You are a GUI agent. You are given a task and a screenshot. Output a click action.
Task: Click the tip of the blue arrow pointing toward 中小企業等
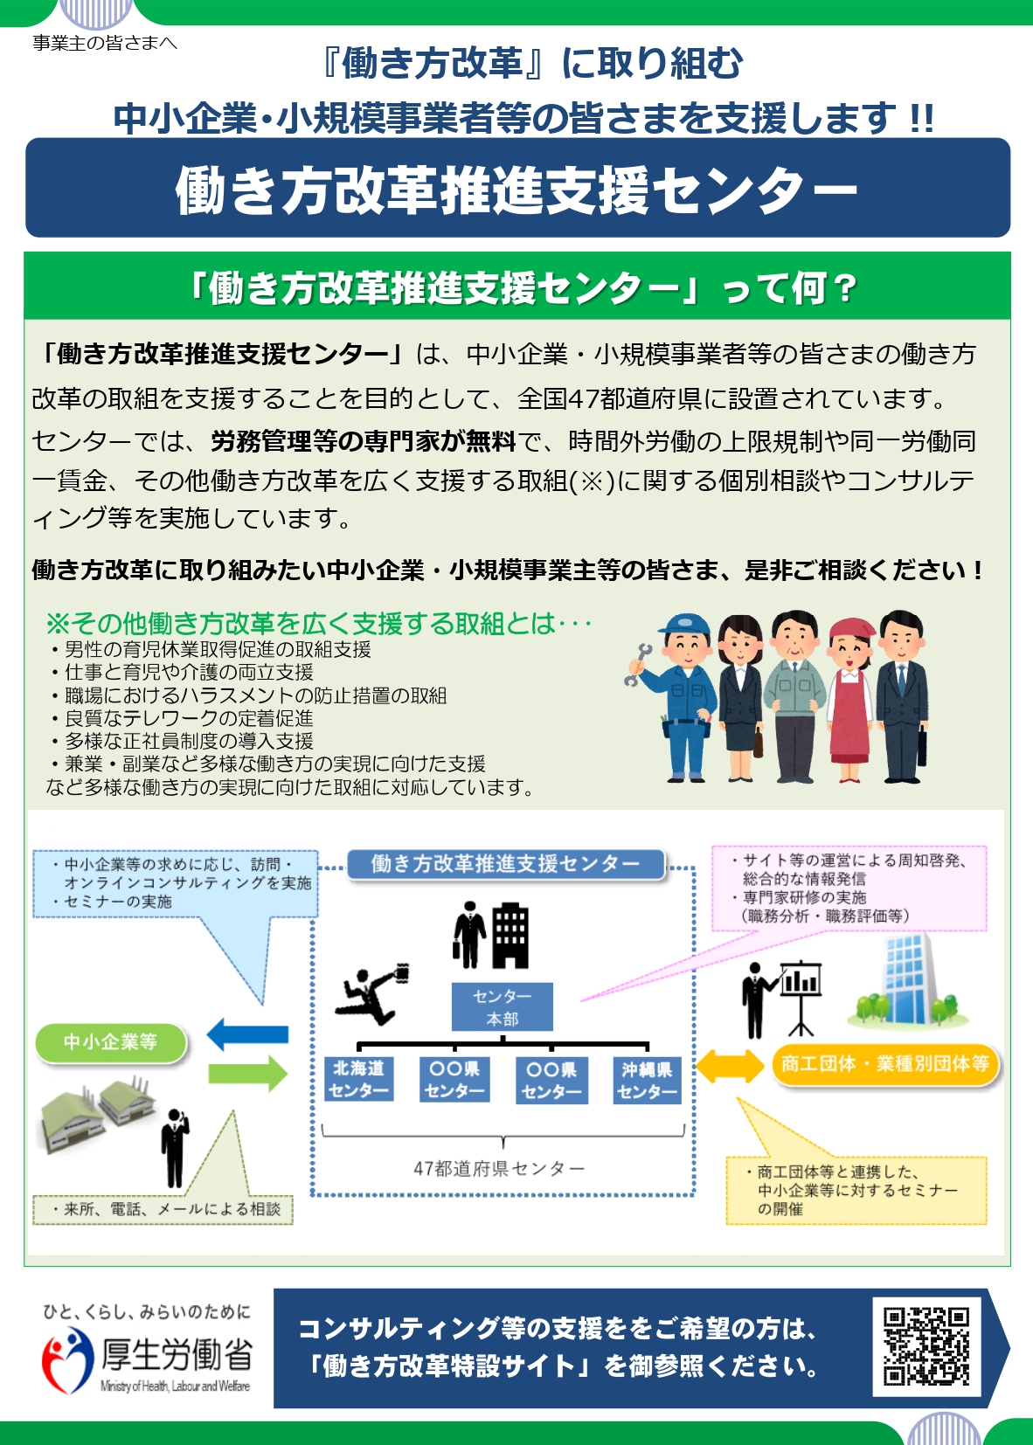(x=207, y=1034)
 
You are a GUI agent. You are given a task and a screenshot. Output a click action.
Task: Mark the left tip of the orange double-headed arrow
(x=697, y=1066)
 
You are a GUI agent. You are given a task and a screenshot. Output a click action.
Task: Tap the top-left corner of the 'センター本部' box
(x=452, y=983)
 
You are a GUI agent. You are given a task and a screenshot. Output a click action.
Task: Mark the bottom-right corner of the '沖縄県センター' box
(x=682, y=1103)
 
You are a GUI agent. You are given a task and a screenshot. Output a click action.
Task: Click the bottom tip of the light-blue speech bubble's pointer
(x=262, y=1004)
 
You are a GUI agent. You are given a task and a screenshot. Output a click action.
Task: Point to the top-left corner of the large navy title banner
(x=26, y=138)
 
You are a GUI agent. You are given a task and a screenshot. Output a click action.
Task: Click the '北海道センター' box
(x=358, y=1079)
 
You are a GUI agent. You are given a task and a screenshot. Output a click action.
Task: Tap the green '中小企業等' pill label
(x=110, y=1042)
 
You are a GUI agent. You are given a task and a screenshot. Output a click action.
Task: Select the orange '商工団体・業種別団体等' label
(x=884, y=1064)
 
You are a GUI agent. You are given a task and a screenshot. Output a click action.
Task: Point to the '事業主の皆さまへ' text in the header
(x=105, y=43)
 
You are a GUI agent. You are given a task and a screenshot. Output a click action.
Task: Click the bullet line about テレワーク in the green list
(x=183, y=718)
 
